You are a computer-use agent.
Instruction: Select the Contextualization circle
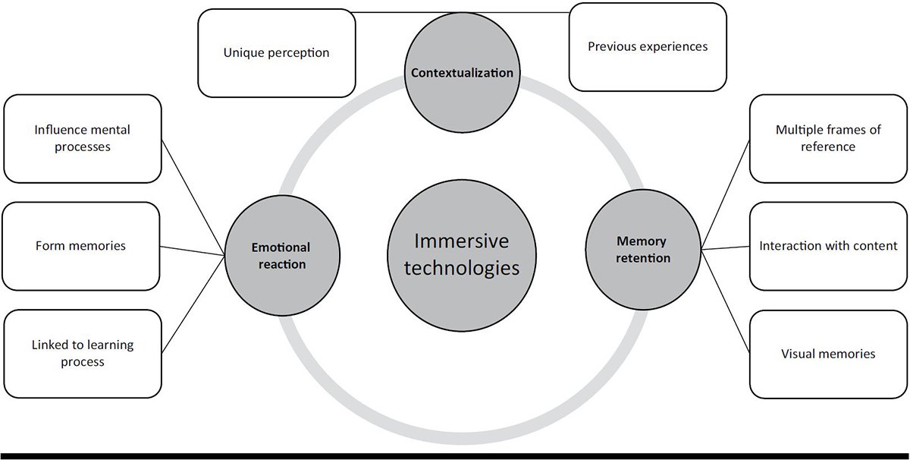click(x=462, y=74)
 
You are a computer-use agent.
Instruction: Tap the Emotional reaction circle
click(x=281, y=255)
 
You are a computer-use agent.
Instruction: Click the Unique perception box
click(x=276, y=53)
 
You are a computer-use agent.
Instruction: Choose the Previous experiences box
click(x=647, y=47)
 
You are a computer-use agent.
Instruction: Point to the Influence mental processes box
click(x=82, y=138)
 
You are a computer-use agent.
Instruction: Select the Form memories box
click(x=80, y=246)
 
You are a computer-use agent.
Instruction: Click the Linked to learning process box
click(x=82, y=353)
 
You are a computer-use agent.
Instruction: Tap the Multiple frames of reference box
click(x=828, y=138)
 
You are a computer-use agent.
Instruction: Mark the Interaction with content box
click(x=828, y=246)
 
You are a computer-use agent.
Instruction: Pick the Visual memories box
click(x=828, y=354)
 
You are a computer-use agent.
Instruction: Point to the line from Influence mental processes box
click(x=193, y=197)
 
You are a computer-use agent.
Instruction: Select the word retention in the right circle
click(x=642, y=258)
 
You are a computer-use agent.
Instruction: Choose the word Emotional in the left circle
click(x=281, y=247)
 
